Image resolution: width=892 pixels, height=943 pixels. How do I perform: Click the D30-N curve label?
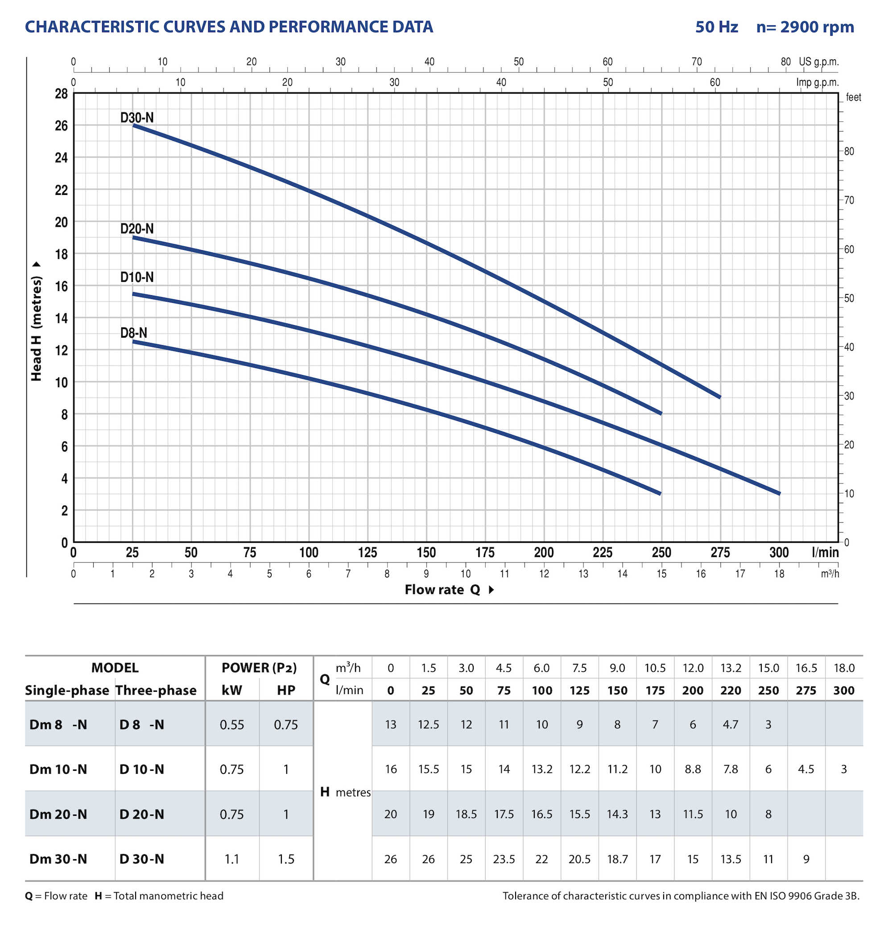tap(137, 117)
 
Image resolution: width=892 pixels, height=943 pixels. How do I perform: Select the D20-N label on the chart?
tap(137, 229)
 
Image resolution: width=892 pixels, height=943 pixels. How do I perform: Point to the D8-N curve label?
tap(134, 332)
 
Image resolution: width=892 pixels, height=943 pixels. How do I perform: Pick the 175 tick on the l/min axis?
tap(485, 553)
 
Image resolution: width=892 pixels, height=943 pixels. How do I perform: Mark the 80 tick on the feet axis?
tap(849, 152)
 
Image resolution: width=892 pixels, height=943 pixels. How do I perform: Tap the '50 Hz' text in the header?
tap(717, 27)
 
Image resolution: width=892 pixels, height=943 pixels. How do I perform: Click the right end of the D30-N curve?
tap(720, 397)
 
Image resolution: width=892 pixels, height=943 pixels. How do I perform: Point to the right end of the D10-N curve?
tap(779, 494)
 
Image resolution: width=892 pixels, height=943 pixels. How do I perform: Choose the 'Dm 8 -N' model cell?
tap(58, 725)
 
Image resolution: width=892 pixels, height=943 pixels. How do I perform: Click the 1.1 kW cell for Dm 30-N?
tap(232, 859)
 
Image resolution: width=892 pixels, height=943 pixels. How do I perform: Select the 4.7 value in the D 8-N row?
tap(731, 725)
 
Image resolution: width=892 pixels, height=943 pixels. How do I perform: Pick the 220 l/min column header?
tap(731, 691)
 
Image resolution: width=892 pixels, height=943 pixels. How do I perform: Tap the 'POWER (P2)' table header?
tap(259, 668)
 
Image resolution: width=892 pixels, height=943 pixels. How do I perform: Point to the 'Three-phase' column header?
tap(156, 691)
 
